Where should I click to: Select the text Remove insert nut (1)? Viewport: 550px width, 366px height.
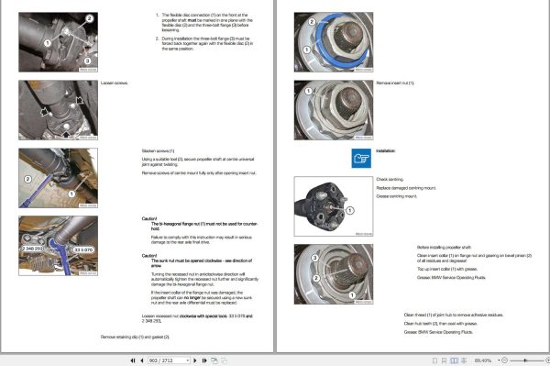click(395, 83)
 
